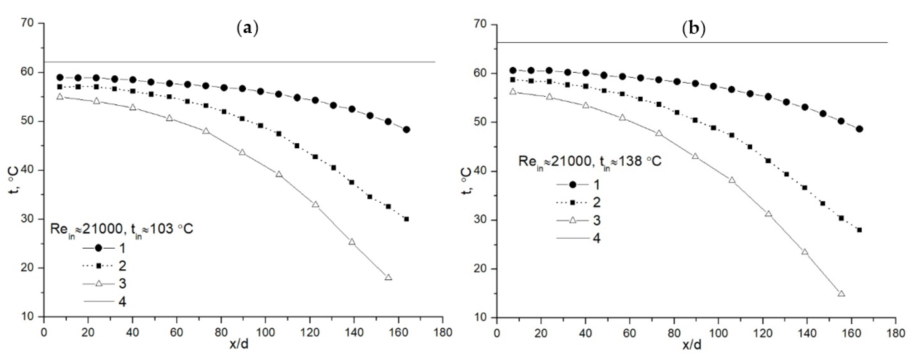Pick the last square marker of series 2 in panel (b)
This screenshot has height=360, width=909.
click(x=859, y=230)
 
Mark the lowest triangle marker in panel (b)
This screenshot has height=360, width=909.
click(x=841, y=294)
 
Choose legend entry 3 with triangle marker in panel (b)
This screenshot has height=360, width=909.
click(x=579, y=220)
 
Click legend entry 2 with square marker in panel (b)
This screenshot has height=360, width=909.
click(x=579, y=203)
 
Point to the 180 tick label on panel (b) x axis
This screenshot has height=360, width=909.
click(x=895, y=333)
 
